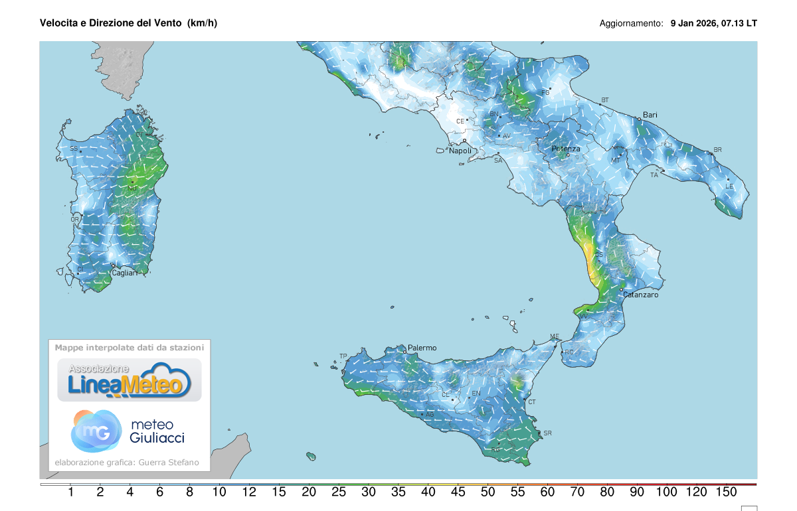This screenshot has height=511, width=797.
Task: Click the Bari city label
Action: [650, 115]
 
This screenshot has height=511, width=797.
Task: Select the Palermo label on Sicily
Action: [422, 347]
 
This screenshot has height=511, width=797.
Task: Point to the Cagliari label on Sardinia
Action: [124, 273]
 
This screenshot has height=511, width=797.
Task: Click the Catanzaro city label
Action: [640, 295]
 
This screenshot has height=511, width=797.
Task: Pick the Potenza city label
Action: [566, 149]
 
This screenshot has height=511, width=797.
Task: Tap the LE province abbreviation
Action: [729, 186]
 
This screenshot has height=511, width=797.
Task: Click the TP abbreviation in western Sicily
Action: [343, 356]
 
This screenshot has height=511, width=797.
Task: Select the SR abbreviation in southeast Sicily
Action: [547, 433]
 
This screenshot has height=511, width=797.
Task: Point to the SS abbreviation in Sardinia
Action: [74, 148]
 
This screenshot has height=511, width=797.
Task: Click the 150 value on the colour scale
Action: [726, 492]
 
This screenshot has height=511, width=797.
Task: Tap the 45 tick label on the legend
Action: [458, 492]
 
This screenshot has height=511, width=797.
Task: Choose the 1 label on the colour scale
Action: [70, 492]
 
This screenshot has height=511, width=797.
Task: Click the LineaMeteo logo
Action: [130, 380]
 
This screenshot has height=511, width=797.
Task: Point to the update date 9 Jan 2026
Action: [694, 23]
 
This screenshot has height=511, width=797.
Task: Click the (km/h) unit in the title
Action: [203, 23]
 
